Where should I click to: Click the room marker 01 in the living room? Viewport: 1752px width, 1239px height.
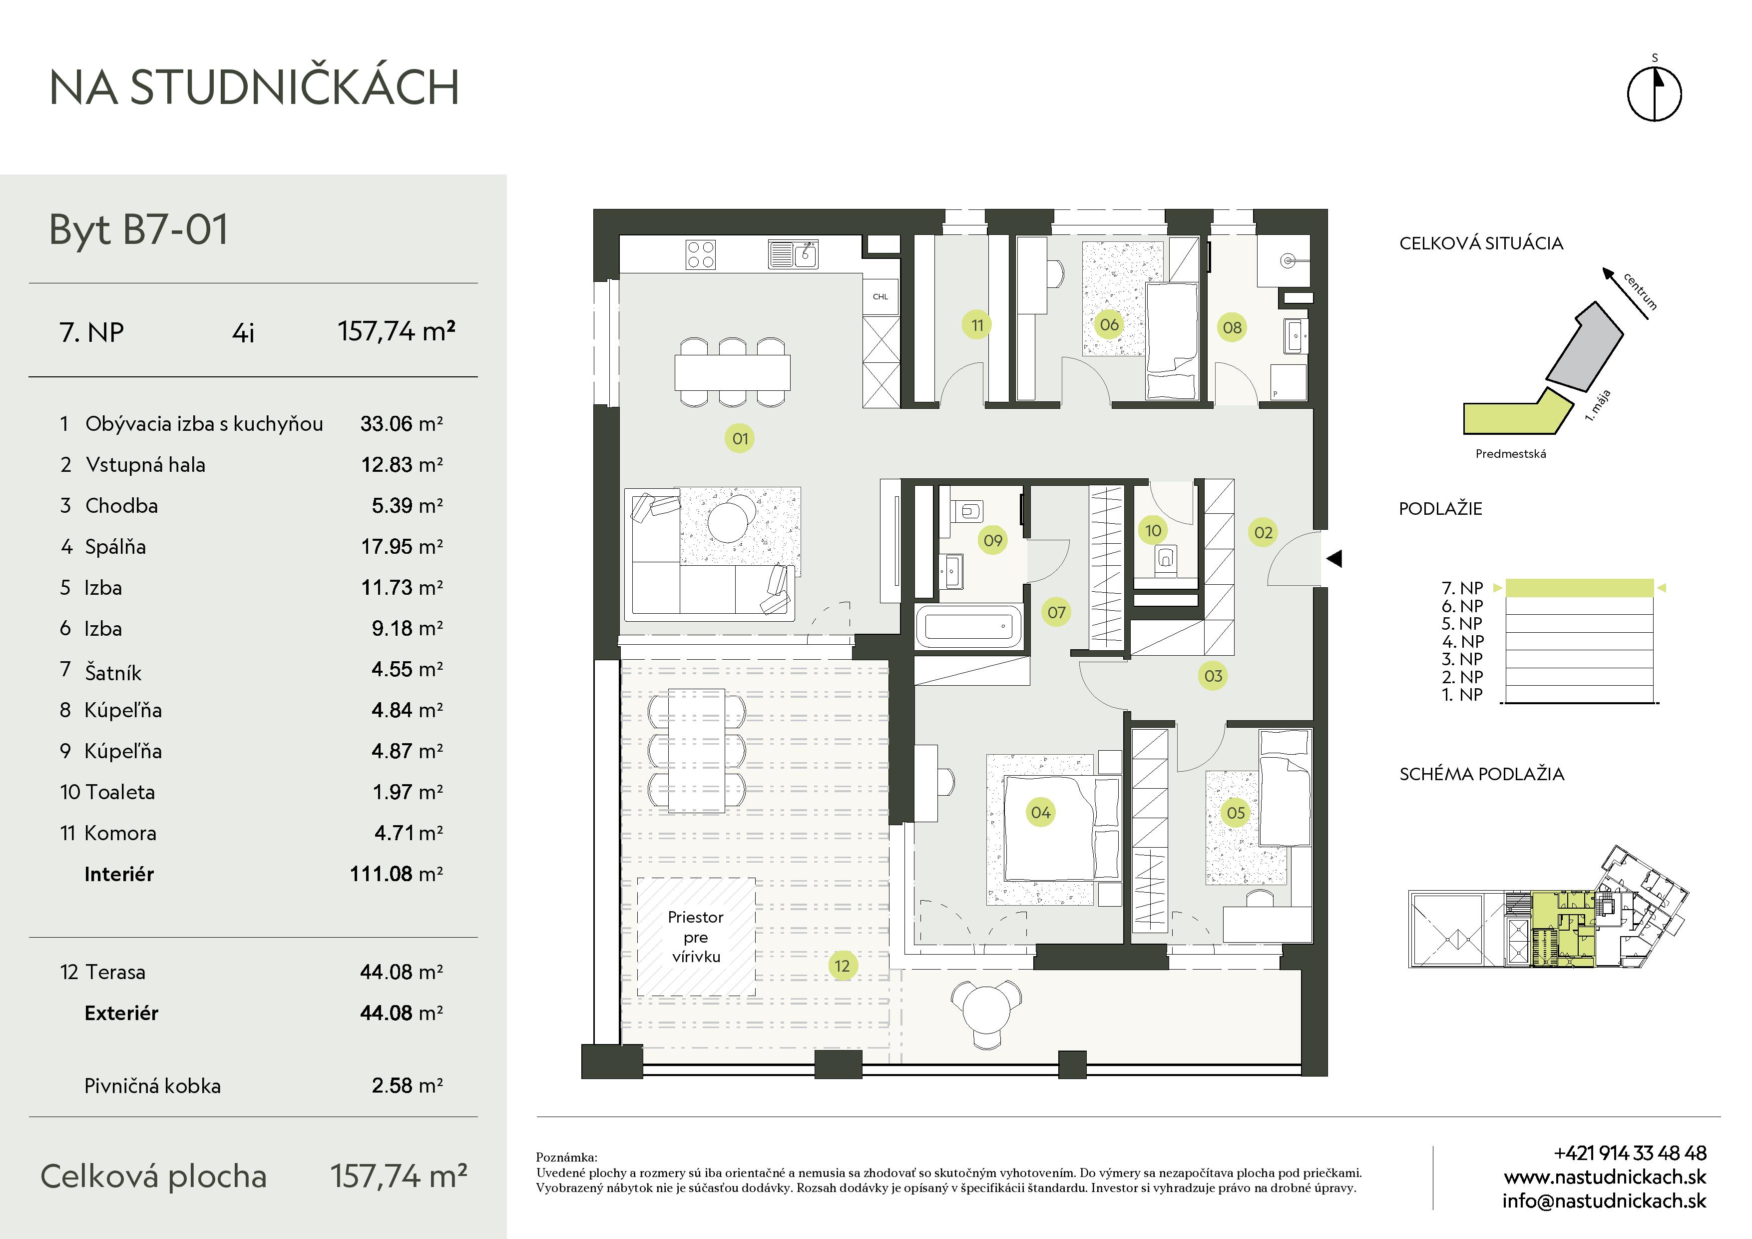point(740,438)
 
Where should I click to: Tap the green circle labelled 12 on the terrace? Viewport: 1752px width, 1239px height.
point(842,966)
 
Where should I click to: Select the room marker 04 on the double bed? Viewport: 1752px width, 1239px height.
point(1041,812)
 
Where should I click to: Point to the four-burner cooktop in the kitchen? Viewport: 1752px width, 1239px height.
point(701,255)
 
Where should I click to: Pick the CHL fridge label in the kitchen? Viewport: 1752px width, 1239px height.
point(880,297)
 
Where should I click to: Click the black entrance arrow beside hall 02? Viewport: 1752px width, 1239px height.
point(1334,559)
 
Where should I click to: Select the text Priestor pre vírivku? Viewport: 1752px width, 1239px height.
point(695,937)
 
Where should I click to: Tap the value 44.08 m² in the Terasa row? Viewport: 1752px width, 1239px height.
point(402,972)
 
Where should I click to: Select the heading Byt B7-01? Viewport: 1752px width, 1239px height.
point(138,229)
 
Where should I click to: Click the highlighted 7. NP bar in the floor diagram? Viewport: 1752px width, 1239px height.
point(1579,588)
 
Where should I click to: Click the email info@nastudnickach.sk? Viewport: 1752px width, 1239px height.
point(1604,1201)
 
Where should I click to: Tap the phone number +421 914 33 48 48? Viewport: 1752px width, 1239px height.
point(1630,1153)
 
